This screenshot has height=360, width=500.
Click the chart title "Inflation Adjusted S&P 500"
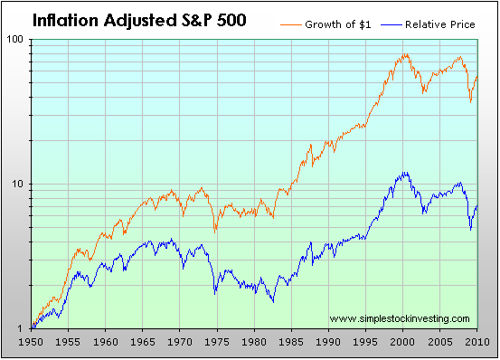[x=139, y=21]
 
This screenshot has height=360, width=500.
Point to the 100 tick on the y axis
[x=15, y=40]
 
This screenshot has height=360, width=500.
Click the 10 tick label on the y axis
[x=18, y=184]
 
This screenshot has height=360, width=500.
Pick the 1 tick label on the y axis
[x=21, y=328]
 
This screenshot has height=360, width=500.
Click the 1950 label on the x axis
[x=31, y=342]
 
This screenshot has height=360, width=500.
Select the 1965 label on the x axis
[x=143, y=342]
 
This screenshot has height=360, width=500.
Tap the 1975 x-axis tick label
[x=217, y=342]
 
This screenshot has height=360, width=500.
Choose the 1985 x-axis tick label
[x=291, y=342]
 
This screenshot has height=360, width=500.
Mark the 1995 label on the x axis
[x=365, y=342]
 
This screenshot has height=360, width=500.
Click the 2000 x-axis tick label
[x=402, y=342]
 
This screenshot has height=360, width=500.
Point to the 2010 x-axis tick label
[x=477, y=342]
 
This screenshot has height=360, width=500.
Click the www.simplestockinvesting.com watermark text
[x=400, y=318]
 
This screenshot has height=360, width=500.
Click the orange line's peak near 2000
[x=405, y=54]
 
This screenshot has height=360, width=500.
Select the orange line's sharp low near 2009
[x=471, y=101]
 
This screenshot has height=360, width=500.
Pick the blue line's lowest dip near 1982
[x=273, y=301]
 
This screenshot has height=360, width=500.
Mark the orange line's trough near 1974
[x=215, y=232]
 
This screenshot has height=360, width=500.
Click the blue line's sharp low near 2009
[x=471, y=229]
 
